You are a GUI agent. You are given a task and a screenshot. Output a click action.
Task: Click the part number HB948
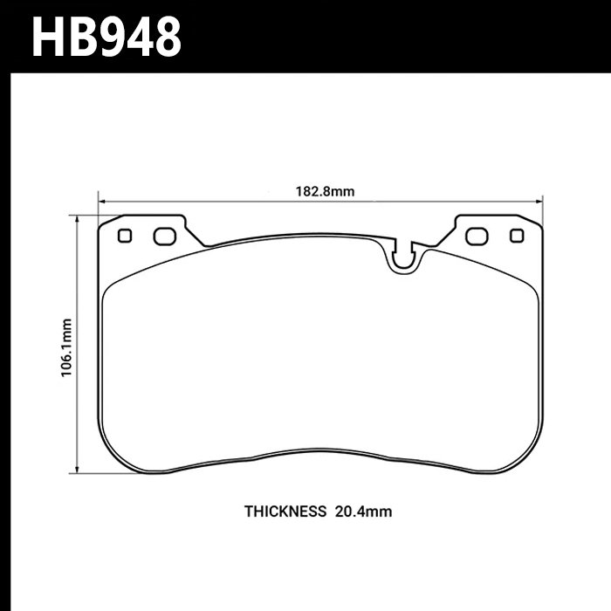pyautogui.click(x=106, y=36)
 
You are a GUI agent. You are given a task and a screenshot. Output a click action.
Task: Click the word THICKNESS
pyautogui.click(x=284, y=511)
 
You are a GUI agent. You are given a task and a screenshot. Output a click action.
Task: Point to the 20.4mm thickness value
pyautogui.click(x=362, y=511)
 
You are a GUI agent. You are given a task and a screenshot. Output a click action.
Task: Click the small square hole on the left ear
pyautogui.click(x=125, y=235)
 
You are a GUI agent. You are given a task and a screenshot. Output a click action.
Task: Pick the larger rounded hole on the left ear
pyautogui.click(x=163, y=236)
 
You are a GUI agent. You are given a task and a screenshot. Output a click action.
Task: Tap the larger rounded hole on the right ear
pyautogui.click(x=477, y=236)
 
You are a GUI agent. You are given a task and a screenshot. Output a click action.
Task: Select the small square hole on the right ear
pyautogui.click(x=516, y=235)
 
